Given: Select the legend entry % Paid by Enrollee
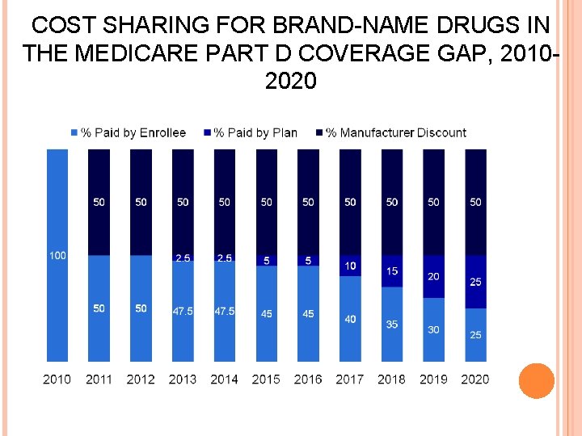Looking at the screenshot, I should pyautogui.click(x=133, y=132).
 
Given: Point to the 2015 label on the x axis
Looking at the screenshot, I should pyautogui.click(x=266, y=379).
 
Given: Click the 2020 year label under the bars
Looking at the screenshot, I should pyautogui.click(x=475, y=379).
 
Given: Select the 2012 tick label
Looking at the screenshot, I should pyautogui.click(x=141, y=379).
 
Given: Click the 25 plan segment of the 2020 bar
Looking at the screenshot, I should pyautogui.click(x=475, y=282).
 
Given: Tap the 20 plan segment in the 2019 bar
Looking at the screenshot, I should pyautogui.click(x=433, y=276).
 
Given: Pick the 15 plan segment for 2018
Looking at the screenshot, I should pyautogui.click(x=392, y=271).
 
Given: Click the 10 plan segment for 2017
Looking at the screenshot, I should pyautogui.click(x=350, y=266).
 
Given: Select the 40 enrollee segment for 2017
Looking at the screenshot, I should pyautogui.click(x=350, y=319).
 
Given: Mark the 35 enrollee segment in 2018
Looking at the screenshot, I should pyautogui.click(x=392, y=324).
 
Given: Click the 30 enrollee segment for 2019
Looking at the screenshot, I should pyautogui.click(x=433, y=329).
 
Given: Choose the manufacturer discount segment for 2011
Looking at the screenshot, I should pyautogui.click(x=99, y=202).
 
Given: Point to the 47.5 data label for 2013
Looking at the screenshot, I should pyautogui.click(x=183, y=312).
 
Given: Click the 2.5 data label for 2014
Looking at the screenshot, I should pyautogui.click(x=225, y=258).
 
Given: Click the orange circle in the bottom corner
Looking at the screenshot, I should pyautogui.click(x=536, y=381).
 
